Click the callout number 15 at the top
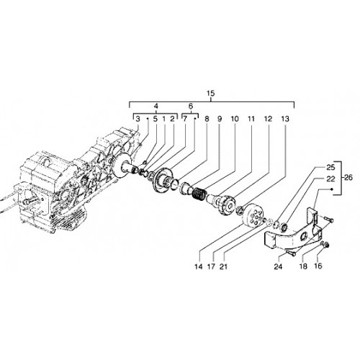210,94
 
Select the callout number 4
156,106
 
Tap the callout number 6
191,106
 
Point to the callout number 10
235,119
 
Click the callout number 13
285,119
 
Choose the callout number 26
348,178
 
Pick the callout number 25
330,168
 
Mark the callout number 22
330,179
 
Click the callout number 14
199,266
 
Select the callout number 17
211,266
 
